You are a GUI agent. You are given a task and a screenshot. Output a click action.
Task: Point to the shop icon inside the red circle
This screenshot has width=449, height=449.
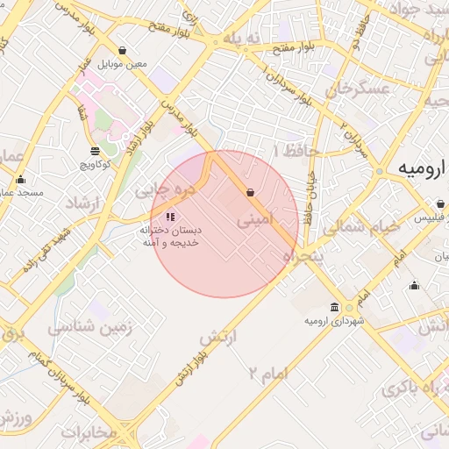coord(251,192)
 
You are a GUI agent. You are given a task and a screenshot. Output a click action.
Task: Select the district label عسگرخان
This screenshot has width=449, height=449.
coord(357,89)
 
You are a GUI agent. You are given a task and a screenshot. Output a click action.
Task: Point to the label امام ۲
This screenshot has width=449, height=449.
coord(267,374)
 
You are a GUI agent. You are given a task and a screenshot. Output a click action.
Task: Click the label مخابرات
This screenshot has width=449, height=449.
coord(89,431)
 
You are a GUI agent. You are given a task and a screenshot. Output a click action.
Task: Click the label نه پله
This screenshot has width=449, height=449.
coord(241,39)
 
